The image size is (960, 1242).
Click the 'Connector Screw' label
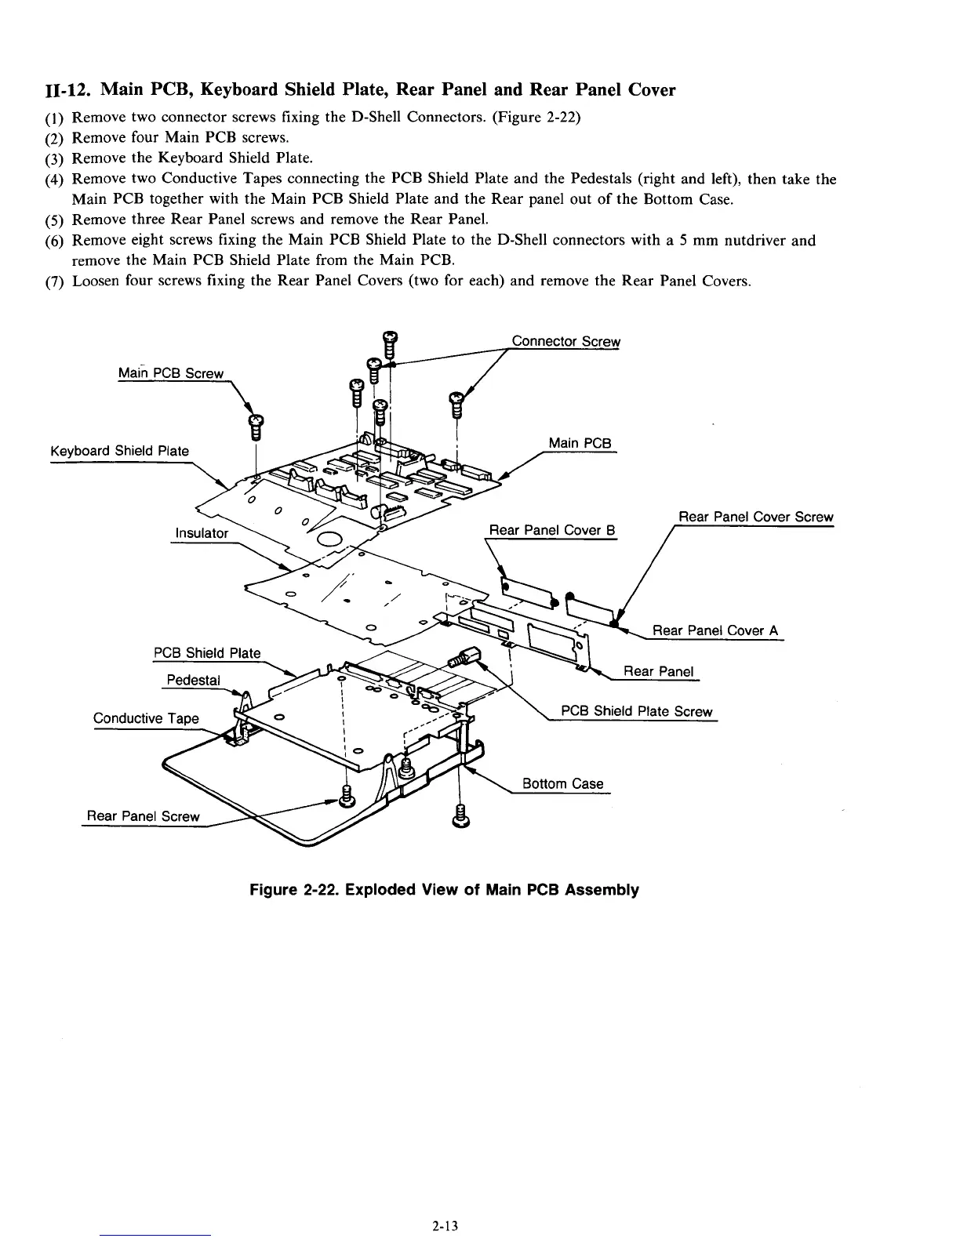click(x=565, y=341)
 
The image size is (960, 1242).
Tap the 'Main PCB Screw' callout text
click(x=170, y=373)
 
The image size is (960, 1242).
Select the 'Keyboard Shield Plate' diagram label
click(x=119, y=451)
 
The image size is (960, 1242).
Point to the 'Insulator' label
click(x=201, y=533)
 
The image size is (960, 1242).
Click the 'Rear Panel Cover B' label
click(x=551, y=530)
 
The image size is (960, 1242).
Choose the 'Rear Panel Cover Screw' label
click(x=755, y=517)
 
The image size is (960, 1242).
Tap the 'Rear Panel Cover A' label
click(x=715, y=630)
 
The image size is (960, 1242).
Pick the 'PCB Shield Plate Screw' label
click(x=637, y=711)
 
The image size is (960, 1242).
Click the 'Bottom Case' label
click(x=562, y=783)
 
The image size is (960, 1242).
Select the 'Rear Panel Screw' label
click(x=143, y=816)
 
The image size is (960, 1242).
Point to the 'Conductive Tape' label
click(x=146, y=718)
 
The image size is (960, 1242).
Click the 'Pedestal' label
click(x=192, y=679)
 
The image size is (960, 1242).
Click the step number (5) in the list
click(x=56, y=220)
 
